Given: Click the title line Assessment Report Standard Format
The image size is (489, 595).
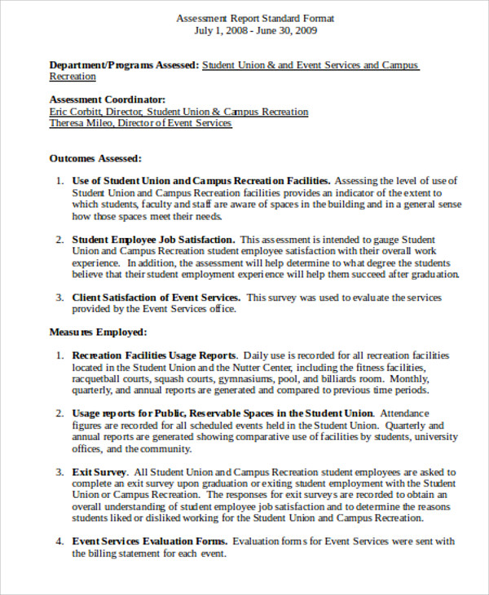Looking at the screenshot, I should [255, 18].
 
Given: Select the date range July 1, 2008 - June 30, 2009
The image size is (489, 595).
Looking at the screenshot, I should [255, 31].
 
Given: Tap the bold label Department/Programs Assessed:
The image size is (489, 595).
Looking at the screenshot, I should [124, 64].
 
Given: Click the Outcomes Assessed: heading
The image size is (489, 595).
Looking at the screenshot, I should [95, 158].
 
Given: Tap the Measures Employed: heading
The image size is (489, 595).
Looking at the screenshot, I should [98, 332].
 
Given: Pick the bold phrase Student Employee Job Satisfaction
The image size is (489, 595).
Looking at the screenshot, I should [154, 240].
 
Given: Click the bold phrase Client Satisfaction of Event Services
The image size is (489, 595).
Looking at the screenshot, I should [156, 297].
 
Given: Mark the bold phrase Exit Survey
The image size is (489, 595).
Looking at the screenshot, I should [99, 472].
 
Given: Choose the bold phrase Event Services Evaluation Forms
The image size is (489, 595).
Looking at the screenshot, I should [150, 540].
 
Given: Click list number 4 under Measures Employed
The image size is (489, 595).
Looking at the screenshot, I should [59, 540].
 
